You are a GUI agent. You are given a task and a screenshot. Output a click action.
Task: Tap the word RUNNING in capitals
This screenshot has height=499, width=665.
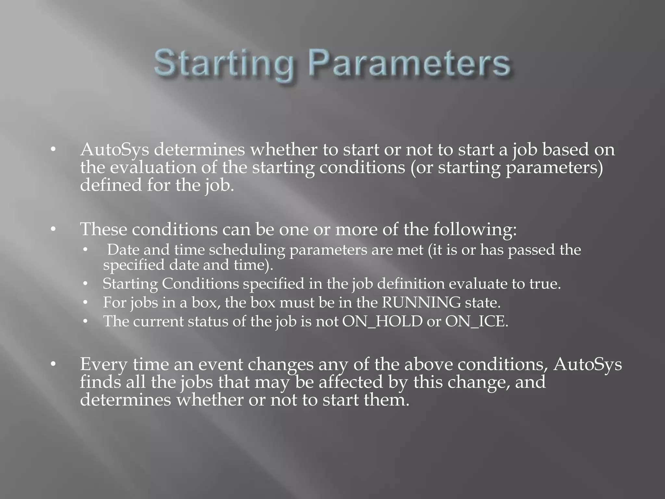tap(421, 303)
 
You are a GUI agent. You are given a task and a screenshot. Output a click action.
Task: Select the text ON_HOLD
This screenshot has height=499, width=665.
tap(382, 322)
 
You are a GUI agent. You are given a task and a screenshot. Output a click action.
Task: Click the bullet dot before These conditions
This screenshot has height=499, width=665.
tap(53, 230)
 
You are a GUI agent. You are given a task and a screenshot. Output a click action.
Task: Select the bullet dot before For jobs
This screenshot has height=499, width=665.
tap(85, 303)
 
